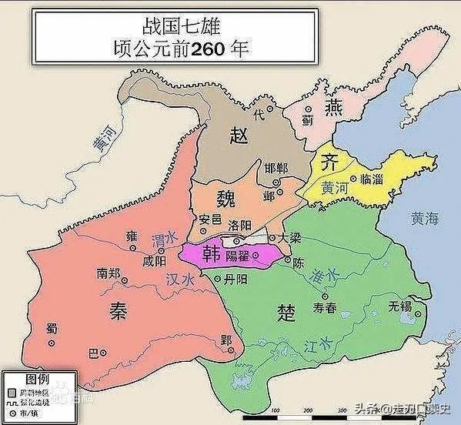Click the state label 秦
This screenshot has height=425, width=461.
point(118,310)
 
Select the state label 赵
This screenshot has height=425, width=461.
point(239,136)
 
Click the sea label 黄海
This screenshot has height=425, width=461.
point(424,219)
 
